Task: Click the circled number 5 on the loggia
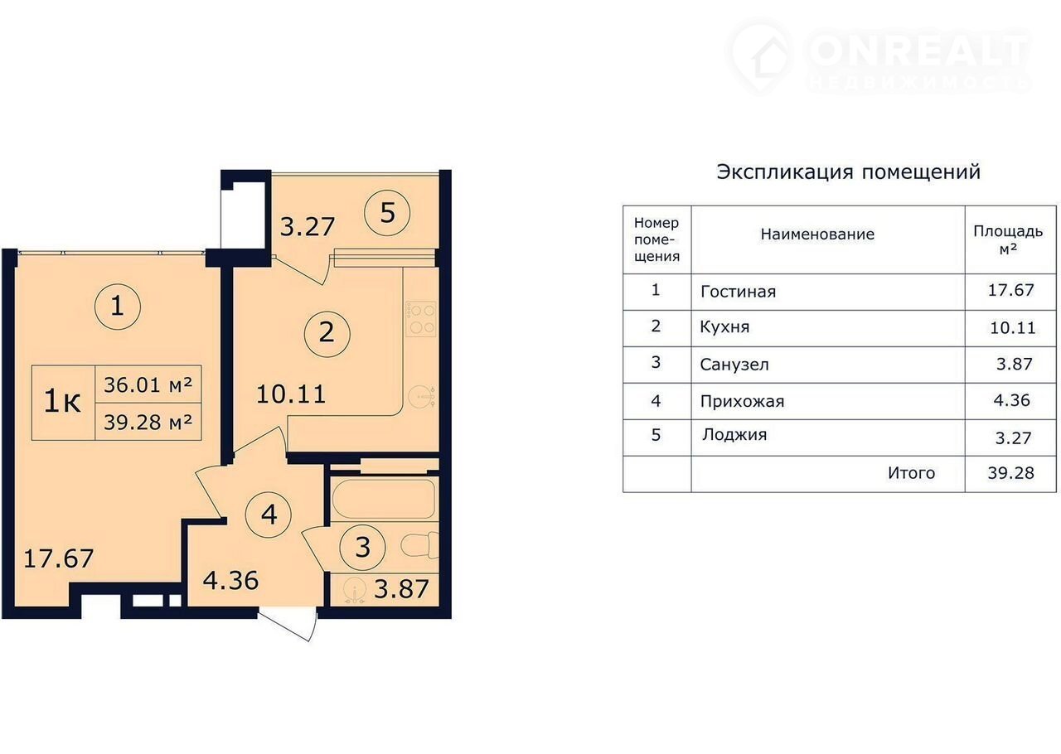[387, 213]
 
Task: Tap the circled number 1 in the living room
[118, 307]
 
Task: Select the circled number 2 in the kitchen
[327, 333]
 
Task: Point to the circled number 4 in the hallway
[269, 515]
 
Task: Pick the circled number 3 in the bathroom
[362, 547]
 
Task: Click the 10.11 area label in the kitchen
[291, 394]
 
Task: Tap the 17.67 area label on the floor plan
[58, 558]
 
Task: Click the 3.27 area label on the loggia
[308, 226]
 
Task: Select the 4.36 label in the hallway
[230, 581]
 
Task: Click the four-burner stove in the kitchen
[420, 319]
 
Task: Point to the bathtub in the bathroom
[384, 498]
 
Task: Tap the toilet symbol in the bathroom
[420, 544]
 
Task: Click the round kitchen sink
[422, 397]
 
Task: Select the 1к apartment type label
[62, 402]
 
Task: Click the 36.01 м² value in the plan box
[148, 384]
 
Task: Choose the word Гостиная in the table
[738, 292]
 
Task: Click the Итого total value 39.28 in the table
[1010, 472]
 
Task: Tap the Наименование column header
[817, 234]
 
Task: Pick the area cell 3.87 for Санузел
[1014, 364]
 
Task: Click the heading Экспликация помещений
[848, 172]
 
